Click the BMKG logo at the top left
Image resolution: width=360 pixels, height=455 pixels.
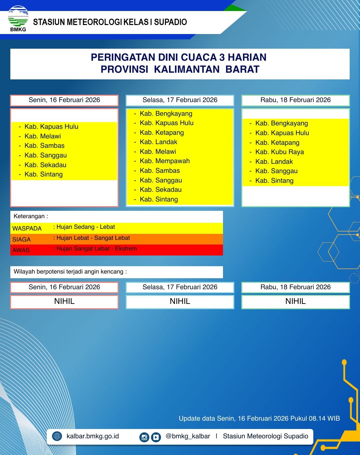coord(18,18)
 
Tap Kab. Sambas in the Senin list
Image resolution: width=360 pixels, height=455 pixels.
coord(44,146)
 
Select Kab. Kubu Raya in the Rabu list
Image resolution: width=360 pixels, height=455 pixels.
coord(279,152)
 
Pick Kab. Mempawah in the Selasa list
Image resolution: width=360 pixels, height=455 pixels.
coord(165,161)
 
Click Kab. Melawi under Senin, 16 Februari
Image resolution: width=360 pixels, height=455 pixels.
coord(43,136)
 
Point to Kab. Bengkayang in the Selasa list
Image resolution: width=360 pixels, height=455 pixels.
coord(166,113)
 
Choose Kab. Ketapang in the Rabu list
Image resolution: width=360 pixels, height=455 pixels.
coord(277,143)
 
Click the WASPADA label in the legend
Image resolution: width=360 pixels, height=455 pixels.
coord(27,229)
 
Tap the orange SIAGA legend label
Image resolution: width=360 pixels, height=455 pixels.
coord(21,240)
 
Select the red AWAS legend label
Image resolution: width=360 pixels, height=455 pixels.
coord(21,250)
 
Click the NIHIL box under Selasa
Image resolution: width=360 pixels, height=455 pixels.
coord(180,302)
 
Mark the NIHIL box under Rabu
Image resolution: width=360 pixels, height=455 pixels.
coord(295,302)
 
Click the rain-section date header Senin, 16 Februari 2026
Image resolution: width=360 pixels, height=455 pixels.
coord(64,100)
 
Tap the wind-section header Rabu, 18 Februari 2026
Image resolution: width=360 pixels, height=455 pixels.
coord(295,287)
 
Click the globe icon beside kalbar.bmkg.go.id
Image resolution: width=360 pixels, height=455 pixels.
coord(57,436)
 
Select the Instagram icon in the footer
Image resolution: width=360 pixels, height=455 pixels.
coord(144,437)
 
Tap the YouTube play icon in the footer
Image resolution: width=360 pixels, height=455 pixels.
coord(156,437)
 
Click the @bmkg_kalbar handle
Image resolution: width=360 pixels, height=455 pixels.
coord(188,436)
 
